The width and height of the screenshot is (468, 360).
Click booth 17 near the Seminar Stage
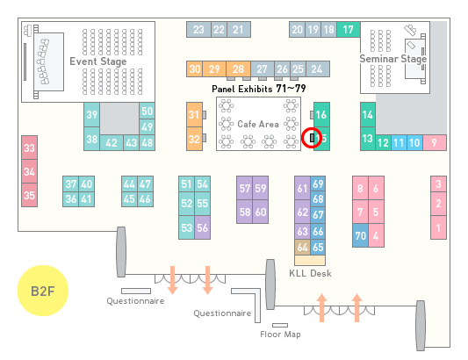[x=349, y=30]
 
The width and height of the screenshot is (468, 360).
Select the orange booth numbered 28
[x=238, y=69]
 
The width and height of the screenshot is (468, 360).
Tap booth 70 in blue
[x=360, y=235]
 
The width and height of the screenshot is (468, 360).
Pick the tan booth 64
[x=302, y=247]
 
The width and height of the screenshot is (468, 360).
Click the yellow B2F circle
[x=43, y=291]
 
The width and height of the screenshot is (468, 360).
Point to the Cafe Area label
[x=258, y=124]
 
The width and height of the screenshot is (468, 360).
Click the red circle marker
[x=312, y=138]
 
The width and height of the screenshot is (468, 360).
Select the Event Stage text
[x=97, y=61]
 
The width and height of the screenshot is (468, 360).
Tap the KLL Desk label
[x=310, y=273]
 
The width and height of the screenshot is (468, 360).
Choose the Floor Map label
[x=280, y=334]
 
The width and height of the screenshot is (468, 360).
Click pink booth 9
[x=435, y=143]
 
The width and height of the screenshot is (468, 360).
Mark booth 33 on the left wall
[x=29, y=148]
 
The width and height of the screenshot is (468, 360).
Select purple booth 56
[x=202, y=227]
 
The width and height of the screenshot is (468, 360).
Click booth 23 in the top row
[x=198, y=30]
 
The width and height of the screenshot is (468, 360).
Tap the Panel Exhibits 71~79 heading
[x=259, y=89]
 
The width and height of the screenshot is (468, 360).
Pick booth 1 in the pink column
[x=438, y=227]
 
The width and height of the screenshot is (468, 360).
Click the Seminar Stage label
[x=393, y=59]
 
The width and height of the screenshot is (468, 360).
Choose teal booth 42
[x=112, y=143]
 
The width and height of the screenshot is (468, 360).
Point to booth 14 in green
[x=368, y=115]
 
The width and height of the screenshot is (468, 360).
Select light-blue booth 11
[x=399, y=143]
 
